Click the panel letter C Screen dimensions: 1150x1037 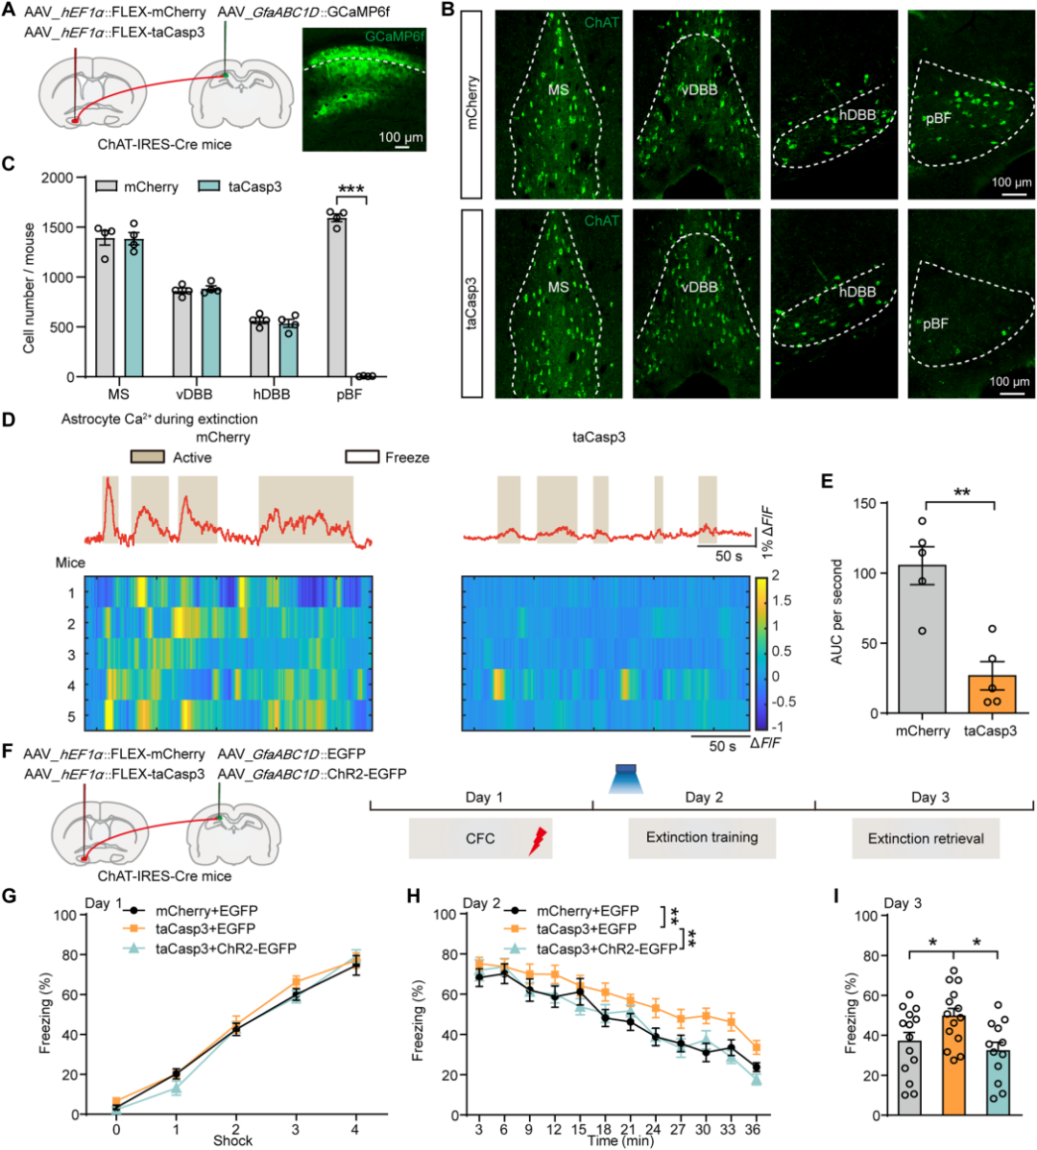[x=9, y=162]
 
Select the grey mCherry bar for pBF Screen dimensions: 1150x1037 [x=336, y=298]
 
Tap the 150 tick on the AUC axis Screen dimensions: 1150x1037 [x=870, y=504]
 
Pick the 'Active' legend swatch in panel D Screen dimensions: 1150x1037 [x=149, y=458]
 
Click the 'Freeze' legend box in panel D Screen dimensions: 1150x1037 [x=362, y=458]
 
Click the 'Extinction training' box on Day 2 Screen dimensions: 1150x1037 [x=702, y=838]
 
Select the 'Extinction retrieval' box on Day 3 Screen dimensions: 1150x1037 [x=926, y=838]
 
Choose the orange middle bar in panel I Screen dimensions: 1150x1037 [x=954, y=1065]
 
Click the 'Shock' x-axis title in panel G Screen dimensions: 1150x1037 [x=233, y=1140]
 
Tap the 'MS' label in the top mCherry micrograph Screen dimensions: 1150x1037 [x=558, y=90]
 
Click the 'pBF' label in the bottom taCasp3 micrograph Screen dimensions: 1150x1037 [x=935, y=324]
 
